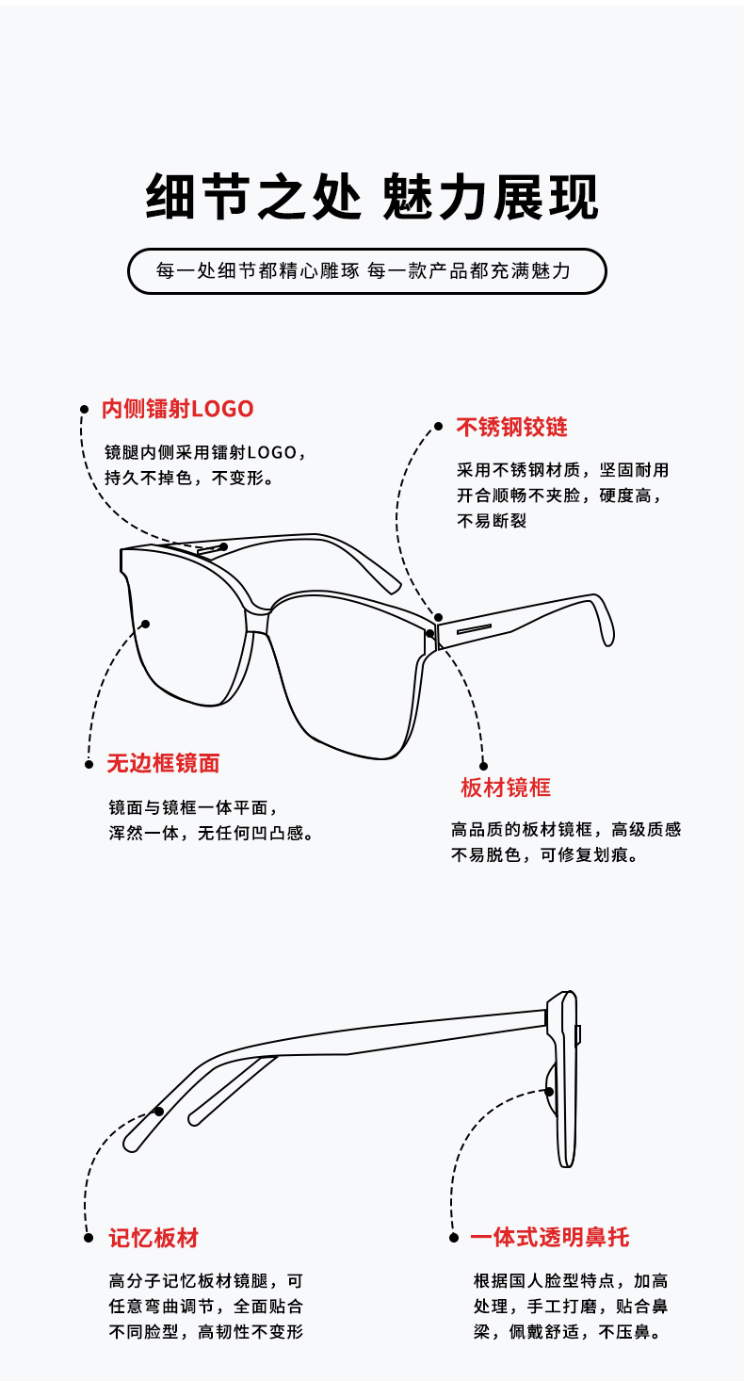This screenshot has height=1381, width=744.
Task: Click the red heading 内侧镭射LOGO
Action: coord(178,409)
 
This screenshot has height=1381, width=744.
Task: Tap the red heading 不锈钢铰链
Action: coord(512,427)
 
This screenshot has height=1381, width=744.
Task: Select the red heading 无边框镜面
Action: coord(163,763)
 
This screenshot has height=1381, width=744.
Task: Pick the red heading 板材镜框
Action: coord(506,788)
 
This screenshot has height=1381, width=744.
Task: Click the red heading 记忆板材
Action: coord(154,1238)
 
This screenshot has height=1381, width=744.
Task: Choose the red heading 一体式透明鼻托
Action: coord(550,1237)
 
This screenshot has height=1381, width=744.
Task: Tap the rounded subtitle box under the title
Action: coord(367,271)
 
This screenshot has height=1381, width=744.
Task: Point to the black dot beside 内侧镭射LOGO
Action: coord(84,409)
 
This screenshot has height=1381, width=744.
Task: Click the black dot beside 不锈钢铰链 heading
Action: coord(438,426)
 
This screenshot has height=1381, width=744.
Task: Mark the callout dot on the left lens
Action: coord(146,624)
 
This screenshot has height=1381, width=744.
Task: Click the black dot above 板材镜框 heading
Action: coord(483,766)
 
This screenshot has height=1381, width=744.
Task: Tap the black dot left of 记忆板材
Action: coord(88,1238)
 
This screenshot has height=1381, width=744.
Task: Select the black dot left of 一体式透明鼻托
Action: coord(453,1237)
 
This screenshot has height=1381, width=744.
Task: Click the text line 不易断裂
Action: coord(492,521)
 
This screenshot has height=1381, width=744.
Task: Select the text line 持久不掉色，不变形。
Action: coord(189,478)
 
